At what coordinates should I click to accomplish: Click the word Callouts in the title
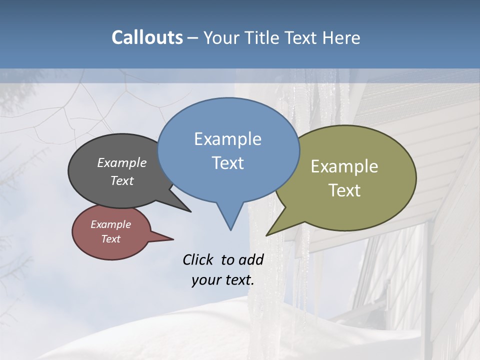pos(147,37)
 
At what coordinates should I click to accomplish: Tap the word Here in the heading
pos(342,38)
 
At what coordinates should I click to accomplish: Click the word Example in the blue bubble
pos(227,139)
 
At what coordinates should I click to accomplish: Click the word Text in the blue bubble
pos(227,163)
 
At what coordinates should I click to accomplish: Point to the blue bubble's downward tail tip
pos(230,229)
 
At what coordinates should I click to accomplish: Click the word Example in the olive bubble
pos(344,166)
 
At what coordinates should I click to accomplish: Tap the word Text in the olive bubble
pos(344,190)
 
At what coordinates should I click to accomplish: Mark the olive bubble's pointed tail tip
pos(267,235)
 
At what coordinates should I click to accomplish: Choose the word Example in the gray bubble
pos(121,163)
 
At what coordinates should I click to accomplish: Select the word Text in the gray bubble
pos(121,180)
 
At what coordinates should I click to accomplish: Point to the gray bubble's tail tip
pos(190,211)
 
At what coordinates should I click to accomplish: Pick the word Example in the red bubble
pos(110,224)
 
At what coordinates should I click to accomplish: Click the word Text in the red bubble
pos(110,239)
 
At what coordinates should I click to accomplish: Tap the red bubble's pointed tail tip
pos(173,239)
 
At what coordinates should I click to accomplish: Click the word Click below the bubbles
pos(198,259)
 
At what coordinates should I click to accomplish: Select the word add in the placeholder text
pos(251,259)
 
